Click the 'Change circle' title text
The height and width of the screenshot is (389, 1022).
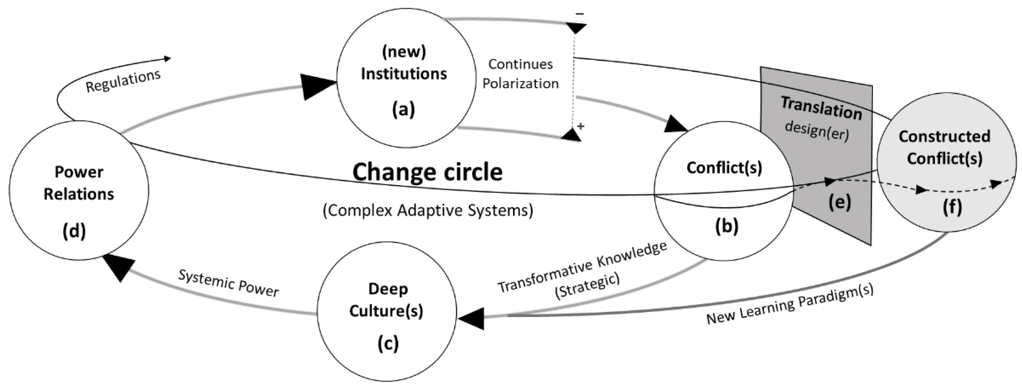(x=427, y=172)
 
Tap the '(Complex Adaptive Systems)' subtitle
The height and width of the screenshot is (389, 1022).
(x=428, y=210)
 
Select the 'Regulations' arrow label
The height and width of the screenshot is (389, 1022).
(x=123, y=81)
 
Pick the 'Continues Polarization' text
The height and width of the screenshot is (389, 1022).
(x=520, y=74)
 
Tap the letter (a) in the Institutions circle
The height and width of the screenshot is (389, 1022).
(x=403, y=109)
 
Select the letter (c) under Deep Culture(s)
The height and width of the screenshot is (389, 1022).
(x=388, y=343)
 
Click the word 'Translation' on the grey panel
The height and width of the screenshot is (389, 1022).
(x=821, y=108)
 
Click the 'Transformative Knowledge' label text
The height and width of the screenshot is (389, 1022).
(x=582, y=267)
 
